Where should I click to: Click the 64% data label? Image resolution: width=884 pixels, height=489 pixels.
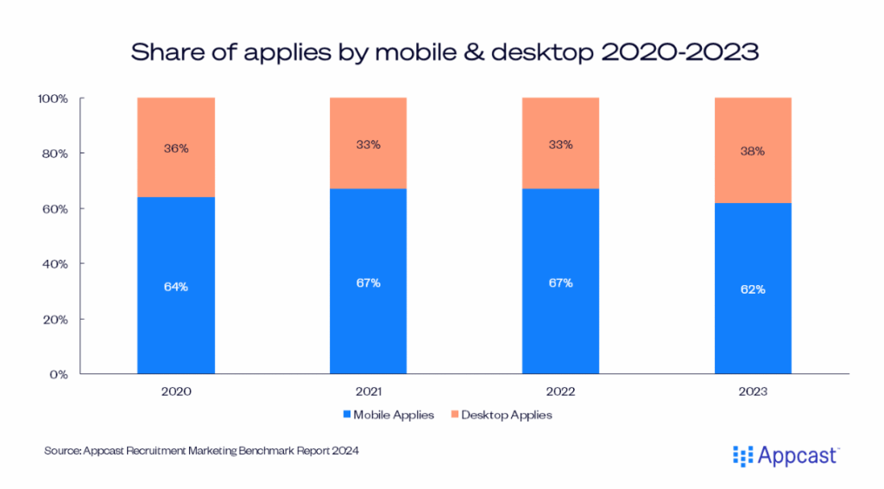[176, 287]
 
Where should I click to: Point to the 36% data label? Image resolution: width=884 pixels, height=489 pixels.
[176, 148]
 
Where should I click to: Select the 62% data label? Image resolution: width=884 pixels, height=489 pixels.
[753, 289]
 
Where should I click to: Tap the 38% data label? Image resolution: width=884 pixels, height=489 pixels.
[753, 151]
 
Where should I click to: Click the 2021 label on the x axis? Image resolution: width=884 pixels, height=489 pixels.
[368, 391]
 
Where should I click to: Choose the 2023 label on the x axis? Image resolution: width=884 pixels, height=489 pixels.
[753, 391]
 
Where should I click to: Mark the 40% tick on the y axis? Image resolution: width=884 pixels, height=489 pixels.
[55, 264]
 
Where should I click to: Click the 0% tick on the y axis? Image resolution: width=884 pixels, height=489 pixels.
[59, 374]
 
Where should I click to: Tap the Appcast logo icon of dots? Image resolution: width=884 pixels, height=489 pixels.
[742, 454]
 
